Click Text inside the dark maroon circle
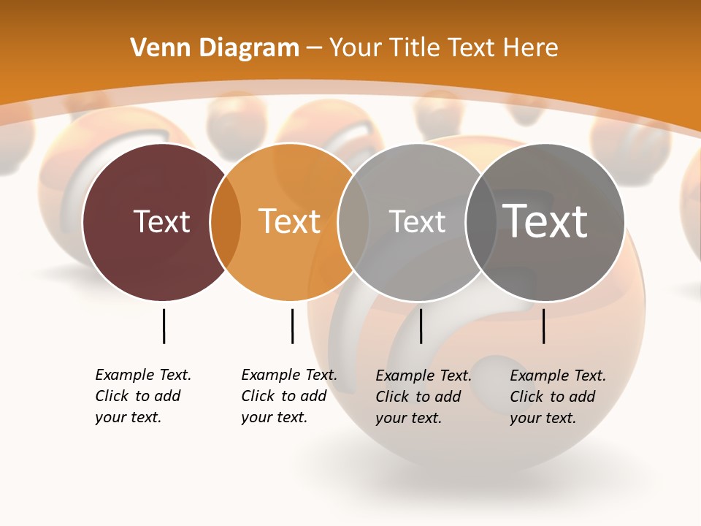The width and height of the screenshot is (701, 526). tap(161, 221)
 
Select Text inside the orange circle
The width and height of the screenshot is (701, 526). tap(289, 221)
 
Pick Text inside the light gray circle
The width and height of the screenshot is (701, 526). tap(417, 221)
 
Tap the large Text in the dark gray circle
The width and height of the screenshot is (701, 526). tap(545, 221)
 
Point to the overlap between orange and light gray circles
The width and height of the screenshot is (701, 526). tap(353, 222)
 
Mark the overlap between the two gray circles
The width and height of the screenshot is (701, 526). tap(480, 222)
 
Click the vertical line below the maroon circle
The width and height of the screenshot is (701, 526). tap(164, 326)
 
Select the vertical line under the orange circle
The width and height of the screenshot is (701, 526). tap(292, 326)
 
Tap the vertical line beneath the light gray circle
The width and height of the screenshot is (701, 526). tap(421, 326)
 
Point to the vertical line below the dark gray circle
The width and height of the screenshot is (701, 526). tap(543, 326)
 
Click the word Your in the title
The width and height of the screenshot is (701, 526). tap(356, 48)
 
